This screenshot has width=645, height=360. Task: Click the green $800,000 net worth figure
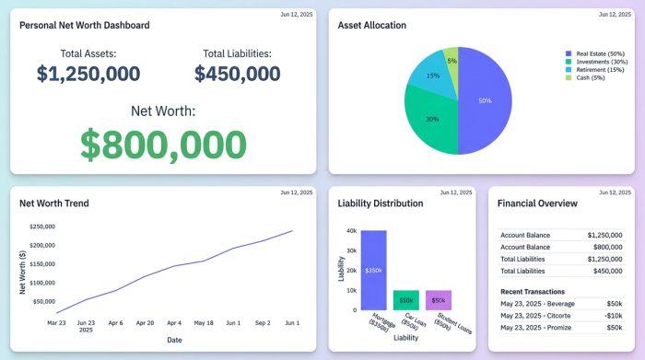click(x=162, y=145)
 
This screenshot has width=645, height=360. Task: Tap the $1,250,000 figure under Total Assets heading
click(x=88, y=74)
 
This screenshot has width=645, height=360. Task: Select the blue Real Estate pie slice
click(x=486, y=101)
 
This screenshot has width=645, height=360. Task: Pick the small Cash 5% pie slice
click(x=451, y=61)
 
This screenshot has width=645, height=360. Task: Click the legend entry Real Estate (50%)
click(x=600, y=54)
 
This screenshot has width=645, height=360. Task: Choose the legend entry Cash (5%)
click(x=590, y=76)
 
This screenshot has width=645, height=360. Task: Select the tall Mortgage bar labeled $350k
click(x=373, y=270)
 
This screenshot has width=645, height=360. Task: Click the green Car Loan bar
click(x=405, y=300)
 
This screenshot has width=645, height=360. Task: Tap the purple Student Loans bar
click(x=439, y=300)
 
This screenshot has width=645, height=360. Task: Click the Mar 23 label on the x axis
click(x=56, y=323)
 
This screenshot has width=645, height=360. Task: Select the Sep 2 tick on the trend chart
click(x=263, y=323)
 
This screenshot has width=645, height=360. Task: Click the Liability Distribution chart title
click(x=381, y=203)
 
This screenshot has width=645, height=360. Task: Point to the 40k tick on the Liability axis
click(x=351, y=231)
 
